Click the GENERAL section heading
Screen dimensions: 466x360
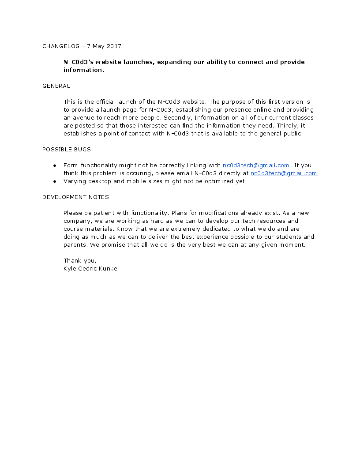(x=56, y=86)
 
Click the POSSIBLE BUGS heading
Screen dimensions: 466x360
(x=67, y=150)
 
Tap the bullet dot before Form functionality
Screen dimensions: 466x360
(x=55, y=165)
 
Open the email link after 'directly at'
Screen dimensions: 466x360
(x=284, y=173)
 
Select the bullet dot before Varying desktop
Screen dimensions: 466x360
(x=55, y=181)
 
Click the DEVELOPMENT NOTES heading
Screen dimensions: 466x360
(x=75, y=197)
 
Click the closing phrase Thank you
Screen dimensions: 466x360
(x=80, y=261)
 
